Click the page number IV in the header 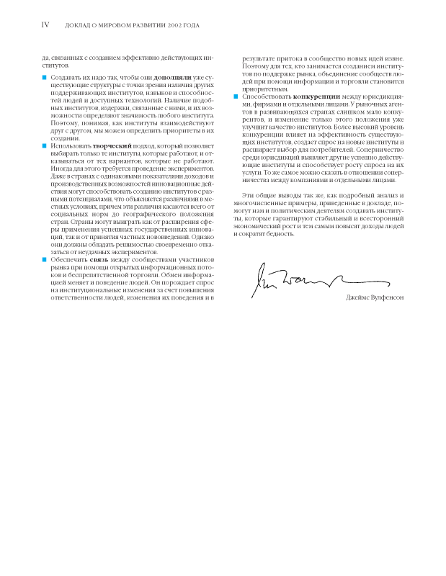[x=45, y=24]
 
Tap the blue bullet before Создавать [x=43, y=76]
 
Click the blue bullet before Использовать [x=43, y=146]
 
